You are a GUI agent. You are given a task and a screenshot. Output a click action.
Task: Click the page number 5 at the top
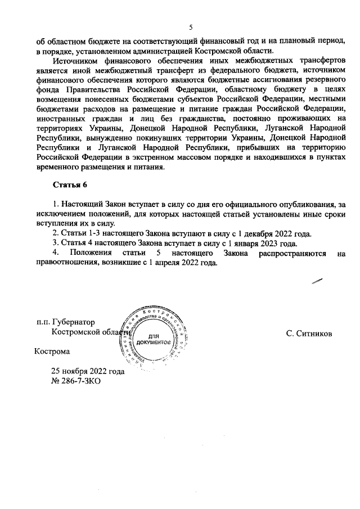coord(191,27)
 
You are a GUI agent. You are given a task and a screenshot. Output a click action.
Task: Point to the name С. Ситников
coord(309,333)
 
